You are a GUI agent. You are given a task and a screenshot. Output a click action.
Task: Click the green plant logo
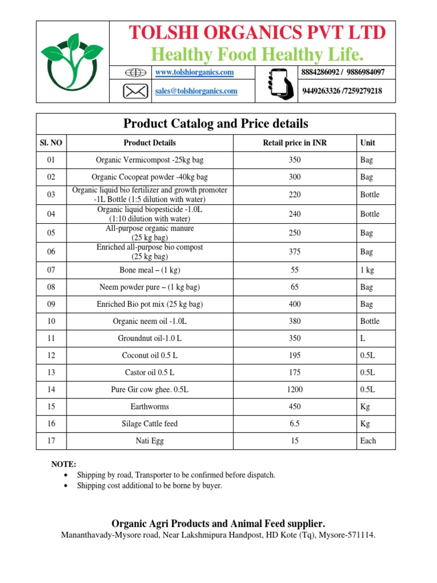point(72,61)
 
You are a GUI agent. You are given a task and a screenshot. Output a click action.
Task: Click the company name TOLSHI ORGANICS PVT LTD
point(257,33)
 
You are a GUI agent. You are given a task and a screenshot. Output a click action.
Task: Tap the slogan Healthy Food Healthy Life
point(257,55)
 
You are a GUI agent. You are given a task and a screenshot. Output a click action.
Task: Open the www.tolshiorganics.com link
point(195,73)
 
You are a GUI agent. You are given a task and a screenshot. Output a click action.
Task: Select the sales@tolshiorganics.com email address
point(196,91)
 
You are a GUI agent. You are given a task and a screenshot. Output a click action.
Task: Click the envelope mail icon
point(135,91)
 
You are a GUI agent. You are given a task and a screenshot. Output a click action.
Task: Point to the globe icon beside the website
point(135,73)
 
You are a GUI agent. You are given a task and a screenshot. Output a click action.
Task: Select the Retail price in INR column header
point(294,143)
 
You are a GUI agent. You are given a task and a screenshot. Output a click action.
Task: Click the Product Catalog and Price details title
point(216,124)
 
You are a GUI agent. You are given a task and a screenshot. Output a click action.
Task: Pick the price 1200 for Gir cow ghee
point(295,390)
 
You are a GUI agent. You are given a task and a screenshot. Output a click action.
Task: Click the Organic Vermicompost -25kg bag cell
point(149,160)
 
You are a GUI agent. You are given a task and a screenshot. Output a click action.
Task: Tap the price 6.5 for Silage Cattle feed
point(295,424)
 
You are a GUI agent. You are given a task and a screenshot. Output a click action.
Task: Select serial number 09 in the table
point(51,305)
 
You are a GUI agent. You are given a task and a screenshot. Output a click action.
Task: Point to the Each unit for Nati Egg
point(368,441)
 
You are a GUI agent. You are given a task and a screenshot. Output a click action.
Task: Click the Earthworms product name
point(149,407)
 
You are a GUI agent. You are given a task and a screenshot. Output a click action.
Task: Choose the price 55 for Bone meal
point(295,270)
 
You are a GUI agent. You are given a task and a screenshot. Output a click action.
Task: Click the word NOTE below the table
point(64,465)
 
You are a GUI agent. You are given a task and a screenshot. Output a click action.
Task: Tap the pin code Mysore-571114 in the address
point(348,536)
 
